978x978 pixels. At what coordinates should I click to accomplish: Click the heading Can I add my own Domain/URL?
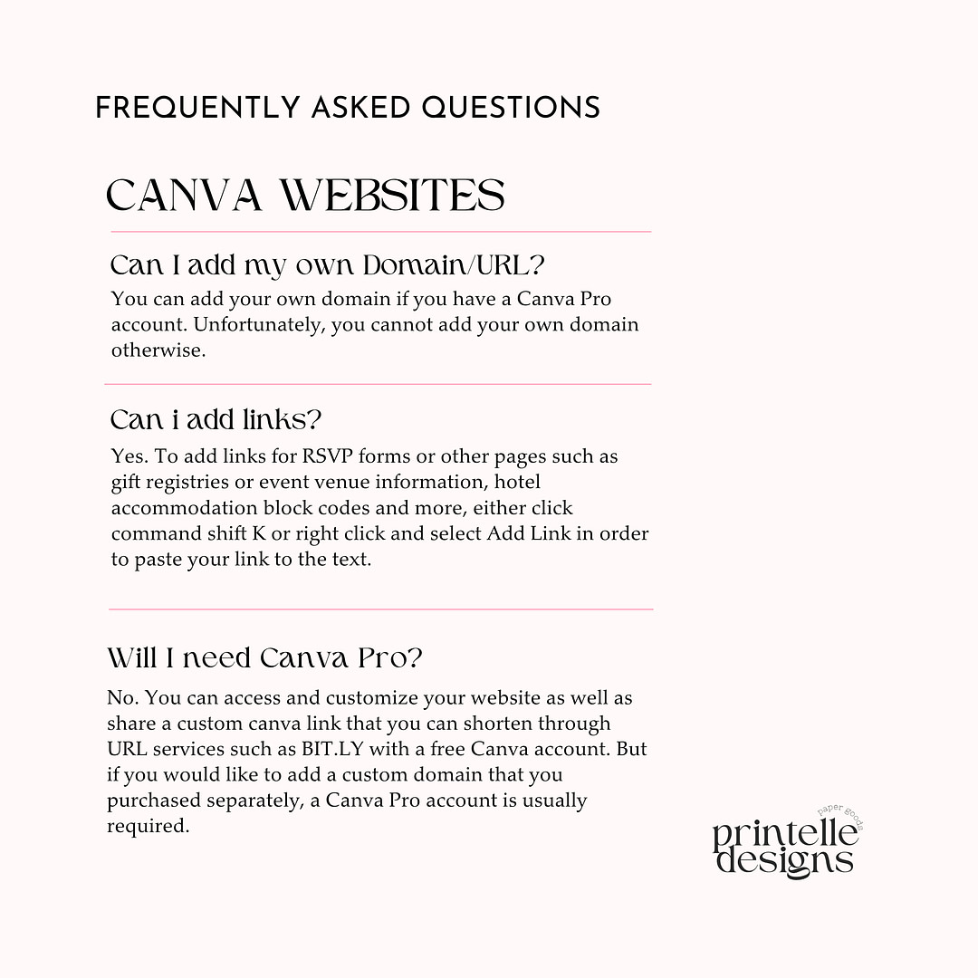coord(328,265)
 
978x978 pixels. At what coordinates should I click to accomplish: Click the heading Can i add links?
coord(216,420)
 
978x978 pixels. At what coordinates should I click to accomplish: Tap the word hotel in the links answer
coord(515,482)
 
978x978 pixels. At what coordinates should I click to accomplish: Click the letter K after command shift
coord(259,533)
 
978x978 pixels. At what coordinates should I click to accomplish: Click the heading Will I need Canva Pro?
coord(264,657)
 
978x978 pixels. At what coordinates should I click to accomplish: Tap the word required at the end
coord(148,826)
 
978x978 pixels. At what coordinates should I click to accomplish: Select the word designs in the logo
coord(784,860)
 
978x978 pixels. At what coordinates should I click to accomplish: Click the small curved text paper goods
coord(843,812)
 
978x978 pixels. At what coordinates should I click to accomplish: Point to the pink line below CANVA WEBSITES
coord(380,232)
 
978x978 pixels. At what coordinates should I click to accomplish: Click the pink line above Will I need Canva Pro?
coord(380,609)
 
